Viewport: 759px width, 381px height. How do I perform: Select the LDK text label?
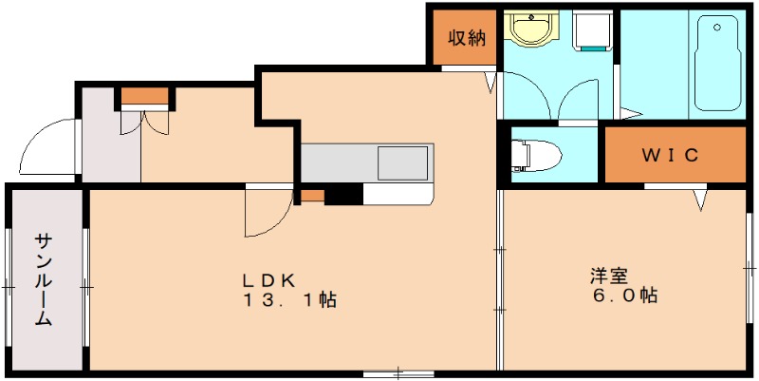tap(269, 280)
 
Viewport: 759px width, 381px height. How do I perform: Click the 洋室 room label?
tap(608, 276)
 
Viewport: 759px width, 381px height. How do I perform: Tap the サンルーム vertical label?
tap(45, 280)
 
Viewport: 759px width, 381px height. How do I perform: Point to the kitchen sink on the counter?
tap(403, 162)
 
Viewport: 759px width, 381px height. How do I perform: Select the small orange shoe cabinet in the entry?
tap(144, 95)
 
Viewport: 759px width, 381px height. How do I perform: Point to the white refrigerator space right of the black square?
tap(398, 194)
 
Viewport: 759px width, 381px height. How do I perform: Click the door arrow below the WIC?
tap(700, 200)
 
